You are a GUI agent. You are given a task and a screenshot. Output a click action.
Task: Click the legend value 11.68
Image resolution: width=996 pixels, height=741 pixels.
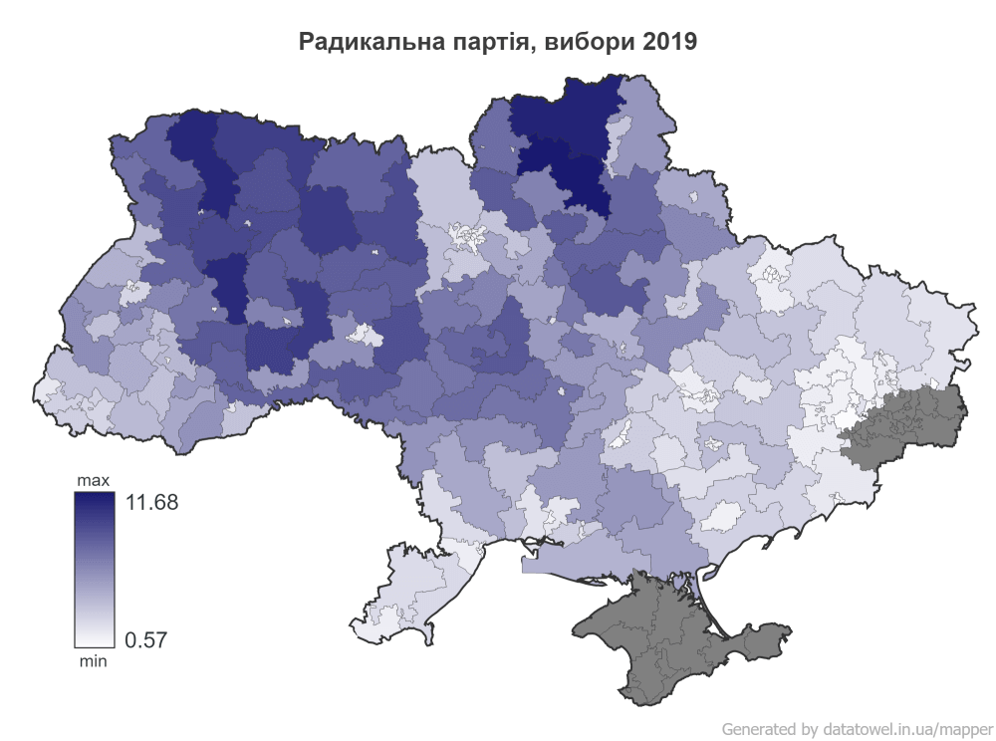coord(150,503)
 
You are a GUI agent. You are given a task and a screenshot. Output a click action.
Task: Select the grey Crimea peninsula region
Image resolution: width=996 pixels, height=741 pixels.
coord(677,637)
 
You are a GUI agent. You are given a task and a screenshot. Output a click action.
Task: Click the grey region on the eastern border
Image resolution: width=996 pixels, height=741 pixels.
coord(906,423)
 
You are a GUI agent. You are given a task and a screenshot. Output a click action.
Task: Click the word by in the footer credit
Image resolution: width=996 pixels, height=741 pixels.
coord(808,728)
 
